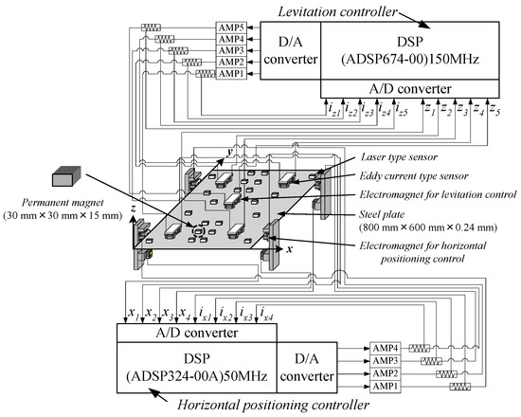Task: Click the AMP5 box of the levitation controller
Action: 231,27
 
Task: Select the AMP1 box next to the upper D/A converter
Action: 231,74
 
